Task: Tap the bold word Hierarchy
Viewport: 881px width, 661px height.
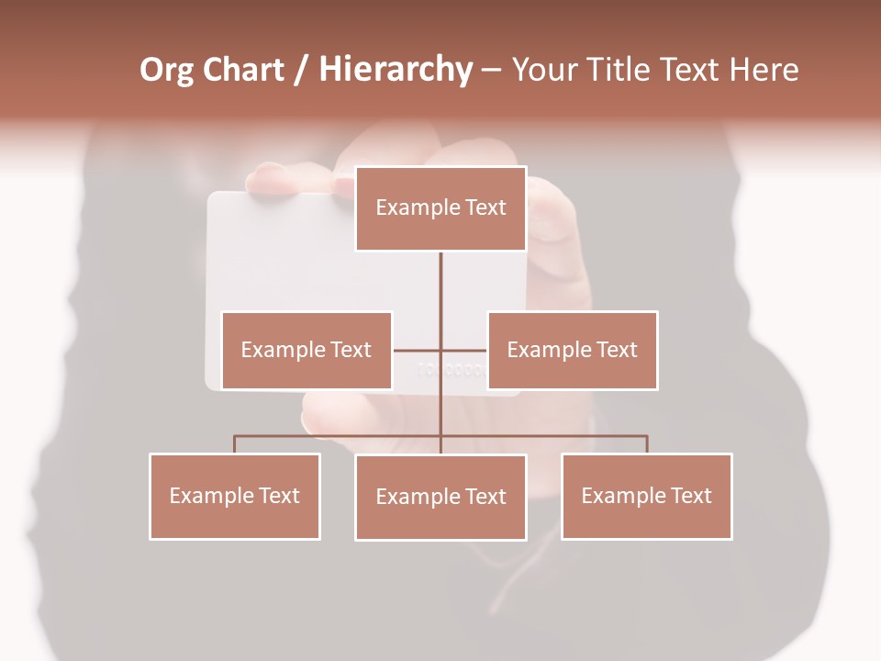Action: point(396,70)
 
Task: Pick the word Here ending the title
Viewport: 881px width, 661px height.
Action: point(764,70)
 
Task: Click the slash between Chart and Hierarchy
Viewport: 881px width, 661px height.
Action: point(301,71)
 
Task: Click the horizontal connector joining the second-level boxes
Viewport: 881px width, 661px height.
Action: point(418,350)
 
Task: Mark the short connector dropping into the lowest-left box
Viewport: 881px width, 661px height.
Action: point(235,444)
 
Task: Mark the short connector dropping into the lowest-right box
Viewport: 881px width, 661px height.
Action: point(647,444)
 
